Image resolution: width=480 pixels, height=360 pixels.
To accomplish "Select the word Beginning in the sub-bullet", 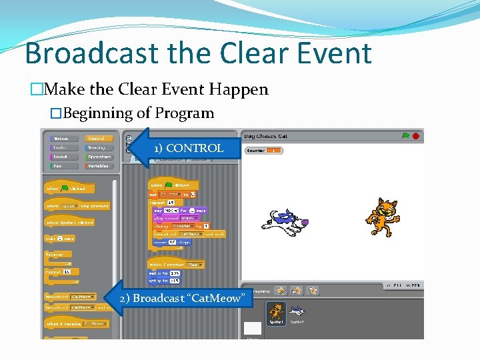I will coord(101,113).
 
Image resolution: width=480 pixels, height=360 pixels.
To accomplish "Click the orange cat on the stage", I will coord(383,218).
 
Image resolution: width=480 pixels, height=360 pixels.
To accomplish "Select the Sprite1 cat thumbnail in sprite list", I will coord(276,313).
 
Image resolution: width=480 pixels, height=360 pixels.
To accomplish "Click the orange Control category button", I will coord(99,138).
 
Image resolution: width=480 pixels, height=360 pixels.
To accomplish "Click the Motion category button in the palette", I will coord(61,138).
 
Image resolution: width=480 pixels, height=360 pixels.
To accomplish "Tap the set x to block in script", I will coord(164,273).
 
